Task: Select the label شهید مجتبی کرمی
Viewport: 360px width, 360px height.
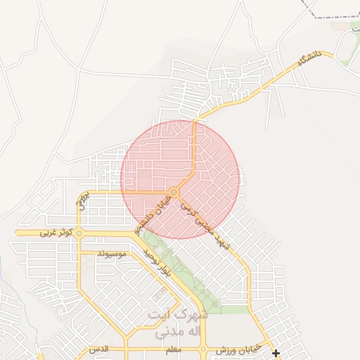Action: coord(205,224)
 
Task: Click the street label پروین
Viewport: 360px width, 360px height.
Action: coord(82,200)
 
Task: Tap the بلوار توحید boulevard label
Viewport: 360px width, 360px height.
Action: coord(156,261)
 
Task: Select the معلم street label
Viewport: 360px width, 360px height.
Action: coord(172,349)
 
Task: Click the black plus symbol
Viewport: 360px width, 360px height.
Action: coord(276,353)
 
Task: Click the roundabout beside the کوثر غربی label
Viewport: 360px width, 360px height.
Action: coord(79,233)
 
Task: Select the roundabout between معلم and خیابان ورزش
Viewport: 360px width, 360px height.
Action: coord(203,349)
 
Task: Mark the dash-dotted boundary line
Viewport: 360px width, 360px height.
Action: coord(330,16)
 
